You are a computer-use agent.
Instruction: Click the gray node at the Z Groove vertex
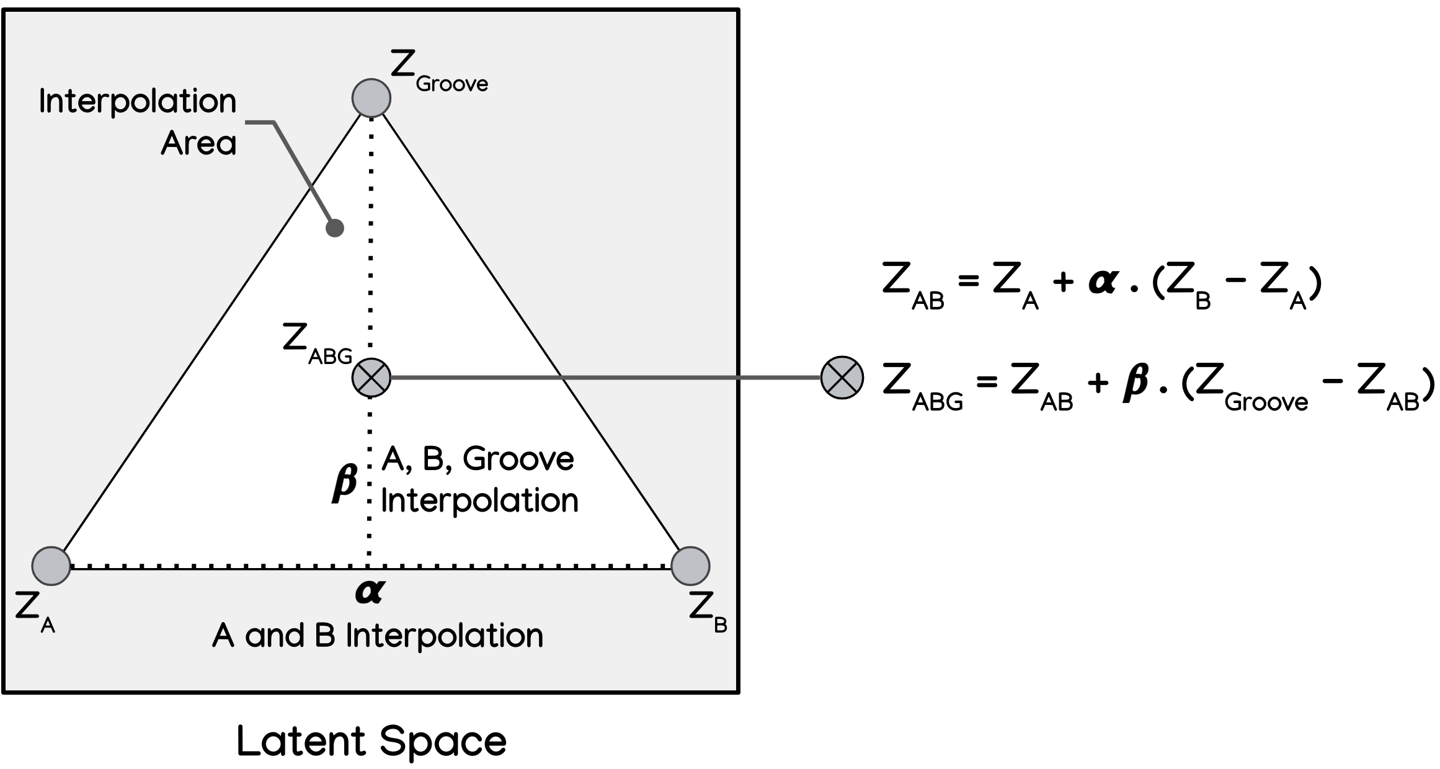click(371, 98)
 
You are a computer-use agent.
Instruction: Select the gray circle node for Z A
click(51, 566)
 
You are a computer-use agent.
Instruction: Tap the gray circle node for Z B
click(690, 566)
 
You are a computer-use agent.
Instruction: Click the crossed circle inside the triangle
click(371, 378)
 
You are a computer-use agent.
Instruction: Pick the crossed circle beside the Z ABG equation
click(842, 378)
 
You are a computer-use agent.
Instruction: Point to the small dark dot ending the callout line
click(335, 228)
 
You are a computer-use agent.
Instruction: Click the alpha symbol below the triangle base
click(370, 592)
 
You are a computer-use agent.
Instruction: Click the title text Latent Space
click(371, 741)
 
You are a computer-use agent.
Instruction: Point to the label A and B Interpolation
click(378, 636)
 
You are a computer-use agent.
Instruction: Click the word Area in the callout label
click(198, 143)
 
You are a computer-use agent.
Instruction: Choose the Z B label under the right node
click(708, 611)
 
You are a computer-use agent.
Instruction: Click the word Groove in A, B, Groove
click(518, 460)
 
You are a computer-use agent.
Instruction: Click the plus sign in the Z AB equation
click(1062, 283)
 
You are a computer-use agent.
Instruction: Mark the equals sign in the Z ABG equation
click(987, 382)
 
